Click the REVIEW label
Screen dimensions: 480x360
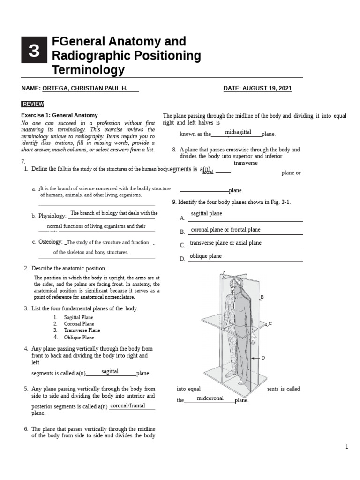click(x=33, y=104)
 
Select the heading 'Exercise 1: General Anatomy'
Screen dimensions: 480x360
click(x=60, y=115)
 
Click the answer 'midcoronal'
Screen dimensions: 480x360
click(x=210, y=398)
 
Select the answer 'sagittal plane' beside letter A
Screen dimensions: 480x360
click(x=206, y=214)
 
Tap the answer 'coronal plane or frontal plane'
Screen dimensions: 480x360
click(x=225, y=230)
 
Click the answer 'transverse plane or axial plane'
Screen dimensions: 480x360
click(x=225, y=243)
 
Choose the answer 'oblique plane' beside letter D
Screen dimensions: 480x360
click(x=206, y=256)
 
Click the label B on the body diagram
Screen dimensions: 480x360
click(x=262, y=297)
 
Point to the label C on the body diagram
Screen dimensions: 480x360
click(x=270, y=323)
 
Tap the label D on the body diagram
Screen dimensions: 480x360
click(x=263, y=358)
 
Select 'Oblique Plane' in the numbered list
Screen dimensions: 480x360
click(x=79, y=337)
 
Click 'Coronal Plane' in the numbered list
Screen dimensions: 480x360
click(x=79, y=324)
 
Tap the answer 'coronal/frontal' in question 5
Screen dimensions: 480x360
click(x=127, y=405)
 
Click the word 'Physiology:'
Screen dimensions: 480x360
click(x=52, y=216)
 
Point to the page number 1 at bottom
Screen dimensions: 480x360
click(x=347, y=447)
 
